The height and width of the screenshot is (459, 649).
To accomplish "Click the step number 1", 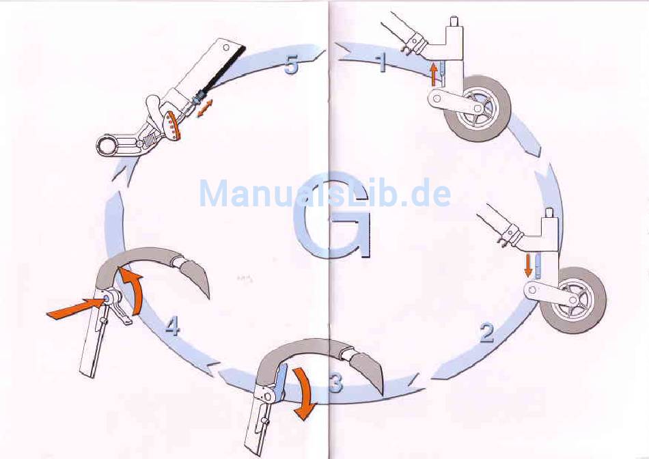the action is (x=382, y=64).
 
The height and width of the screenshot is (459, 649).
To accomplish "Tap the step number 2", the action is (x=486, y=334).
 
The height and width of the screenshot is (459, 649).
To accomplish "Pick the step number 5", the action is (x=291, y=66).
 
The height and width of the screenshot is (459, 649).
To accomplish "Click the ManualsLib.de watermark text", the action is (x=324, y=193).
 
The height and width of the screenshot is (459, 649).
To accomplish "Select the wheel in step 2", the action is (x=572, y=300).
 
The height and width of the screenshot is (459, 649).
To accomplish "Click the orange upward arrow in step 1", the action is (x=432, y=72).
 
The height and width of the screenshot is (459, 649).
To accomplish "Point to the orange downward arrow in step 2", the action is (x=528, y=264).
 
